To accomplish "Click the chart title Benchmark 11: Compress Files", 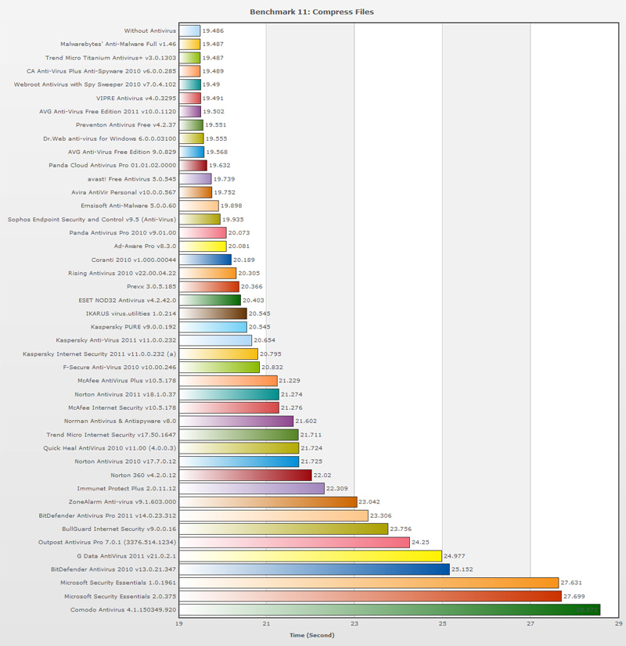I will click(x=311, y=13).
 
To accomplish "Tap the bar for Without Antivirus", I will click(x=189, y=31).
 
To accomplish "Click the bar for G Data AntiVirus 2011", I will click(x=311, y=556).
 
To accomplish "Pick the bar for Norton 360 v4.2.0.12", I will click(x=245, y=475).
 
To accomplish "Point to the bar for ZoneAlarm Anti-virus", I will click(x=268, y=501).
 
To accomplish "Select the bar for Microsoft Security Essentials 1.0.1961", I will click(x=369, y=583).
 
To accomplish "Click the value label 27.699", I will click(x=576, y=597).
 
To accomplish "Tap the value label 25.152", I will click(x=464, y=569).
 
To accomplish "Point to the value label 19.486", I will click(x=214, y=31).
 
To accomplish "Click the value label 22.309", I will click(x=340, y=488).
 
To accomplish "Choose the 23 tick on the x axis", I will click(x=354, y=623).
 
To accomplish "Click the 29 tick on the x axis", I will click(x=618, y=623).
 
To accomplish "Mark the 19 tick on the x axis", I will click(x=179, y=623).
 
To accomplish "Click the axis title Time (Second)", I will click(x=311, y=635).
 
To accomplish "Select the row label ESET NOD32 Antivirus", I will click(x=127, y=300).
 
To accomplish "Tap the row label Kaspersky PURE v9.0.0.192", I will click(x=134, y=326).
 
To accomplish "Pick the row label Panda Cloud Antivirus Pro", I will click(x=123, y=166).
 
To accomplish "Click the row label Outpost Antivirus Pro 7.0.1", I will click(x=107, y=542).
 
